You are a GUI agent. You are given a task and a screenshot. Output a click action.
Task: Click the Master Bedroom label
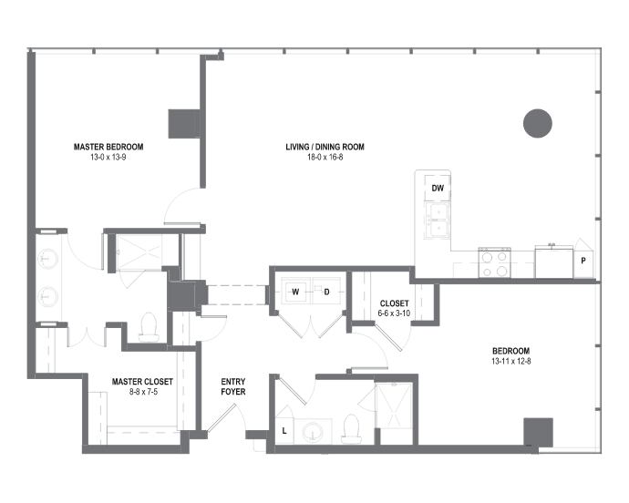coord(108,147)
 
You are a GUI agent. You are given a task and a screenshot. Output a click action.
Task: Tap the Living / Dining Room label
coord(325,147)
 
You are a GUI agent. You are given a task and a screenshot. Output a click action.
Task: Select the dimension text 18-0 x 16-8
coord(325,158)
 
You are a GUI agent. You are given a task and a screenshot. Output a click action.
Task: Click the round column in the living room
coord(538,123)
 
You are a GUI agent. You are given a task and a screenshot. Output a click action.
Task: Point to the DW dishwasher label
coord(438,188)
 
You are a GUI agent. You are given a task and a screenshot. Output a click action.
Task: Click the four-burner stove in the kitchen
coord(495,262)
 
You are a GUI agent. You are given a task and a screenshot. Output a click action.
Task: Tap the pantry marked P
coord(583,260)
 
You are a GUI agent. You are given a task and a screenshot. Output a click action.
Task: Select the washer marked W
coord(295,292)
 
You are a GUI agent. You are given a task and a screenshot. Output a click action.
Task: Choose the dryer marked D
coord(326,292)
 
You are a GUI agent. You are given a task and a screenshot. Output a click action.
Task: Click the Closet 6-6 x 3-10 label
coord(394,309)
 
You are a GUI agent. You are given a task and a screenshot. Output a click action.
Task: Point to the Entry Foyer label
coord(233,386)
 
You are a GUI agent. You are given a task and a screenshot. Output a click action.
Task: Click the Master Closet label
coord(142,382)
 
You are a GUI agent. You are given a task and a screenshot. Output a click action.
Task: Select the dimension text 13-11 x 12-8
coord(511,361)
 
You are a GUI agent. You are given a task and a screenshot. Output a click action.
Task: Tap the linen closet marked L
coord(284,431)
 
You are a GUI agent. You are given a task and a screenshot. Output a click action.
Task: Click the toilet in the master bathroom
coord(149,327)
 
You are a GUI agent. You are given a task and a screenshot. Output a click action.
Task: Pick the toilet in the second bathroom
coord(351,429)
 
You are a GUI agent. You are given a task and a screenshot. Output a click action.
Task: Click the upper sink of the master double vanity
coord(47,259)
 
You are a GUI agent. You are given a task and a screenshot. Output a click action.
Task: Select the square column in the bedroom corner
coord(539,432)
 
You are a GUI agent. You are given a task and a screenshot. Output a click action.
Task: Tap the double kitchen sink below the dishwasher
coord(438,221)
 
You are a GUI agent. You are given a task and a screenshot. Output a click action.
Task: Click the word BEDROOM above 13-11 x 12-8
coord(511,351)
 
